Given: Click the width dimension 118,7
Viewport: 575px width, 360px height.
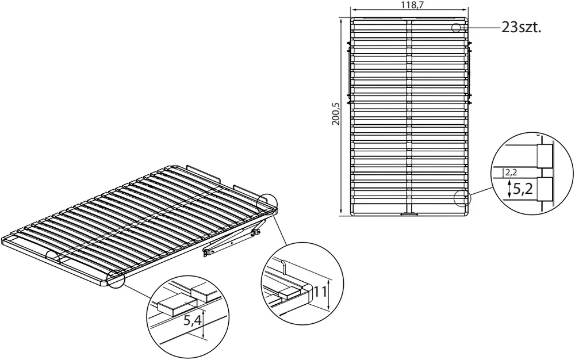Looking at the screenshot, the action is click(x=409, y=5).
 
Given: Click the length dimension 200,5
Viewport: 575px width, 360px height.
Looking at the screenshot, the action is click(x=336, y=114).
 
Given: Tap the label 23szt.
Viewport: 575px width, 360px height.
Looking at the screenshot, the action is click(x=521, y=28).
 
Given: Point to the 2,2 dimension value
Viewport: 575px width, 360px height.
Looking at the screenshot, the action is click(x=511, y=172).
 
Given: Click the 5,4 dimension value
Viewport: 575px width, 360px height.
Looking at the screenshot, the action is click(x=192, y=320).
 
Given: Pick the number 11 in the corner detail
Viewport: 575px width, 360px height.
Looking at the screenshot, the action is click(x=320, y=292).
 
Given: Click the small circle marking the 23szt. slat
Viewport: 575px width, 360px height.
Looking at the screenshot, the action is click(x=456, y=28).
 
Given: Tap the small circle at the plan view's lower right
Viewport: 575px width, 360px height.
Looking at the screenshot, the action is click(x=462, y=198).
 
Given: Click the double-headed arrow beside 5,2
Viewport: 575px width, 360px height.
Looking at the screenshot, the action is click(x=509, y=189).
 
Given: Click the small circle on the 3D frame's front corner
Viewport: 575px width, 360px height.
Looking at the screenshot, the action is click(x=116, y=278).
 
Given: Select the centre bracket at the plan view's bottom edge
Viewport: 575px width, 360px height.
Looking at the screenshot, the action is click(x=409, y=214).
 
